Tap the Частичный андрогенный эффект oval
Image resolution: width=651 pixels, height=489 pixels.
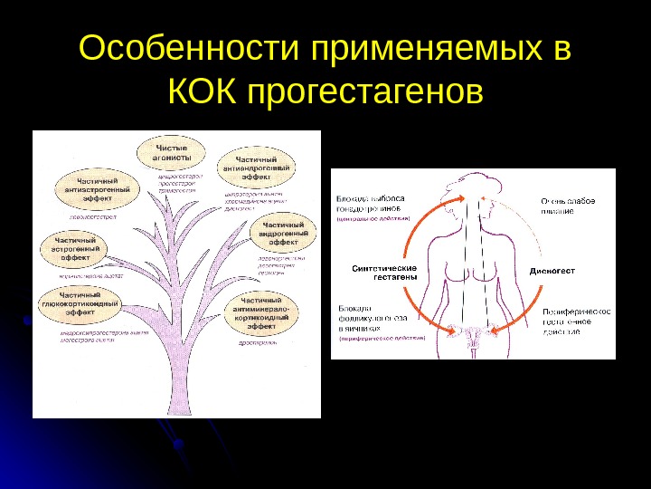point(289,233)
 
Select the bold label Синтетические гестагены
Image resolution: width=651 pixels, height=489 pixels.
point(383,273)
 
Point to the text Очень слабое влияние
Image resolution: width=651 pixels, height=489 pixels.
point(568,206)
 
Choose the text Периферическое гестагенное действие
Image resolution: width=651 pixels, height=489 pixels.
point(575,322)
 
